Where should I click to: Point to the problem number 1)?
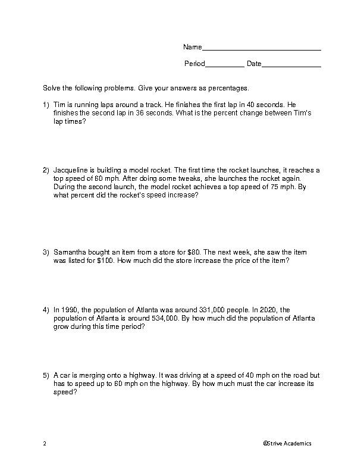(x=46, y=105)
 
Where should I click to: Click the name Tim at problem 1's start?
(x=59, y=105)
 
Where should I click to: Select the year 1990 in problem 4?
(x=69, y=310)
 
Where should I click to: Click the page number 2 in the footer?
(x=45, y=444)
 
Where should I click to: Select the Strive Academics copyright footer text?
(x=287, y=444)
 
